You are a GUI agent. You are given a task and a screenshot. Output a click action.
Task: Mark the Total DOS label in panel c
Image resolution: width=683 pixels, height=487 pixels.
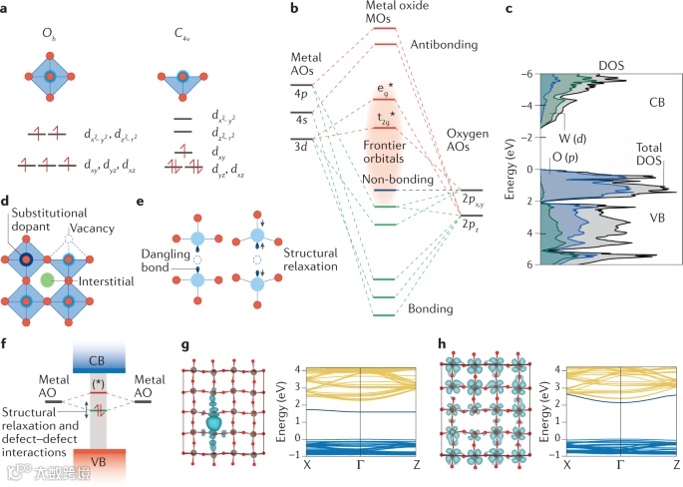click(x=652, y=154)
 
